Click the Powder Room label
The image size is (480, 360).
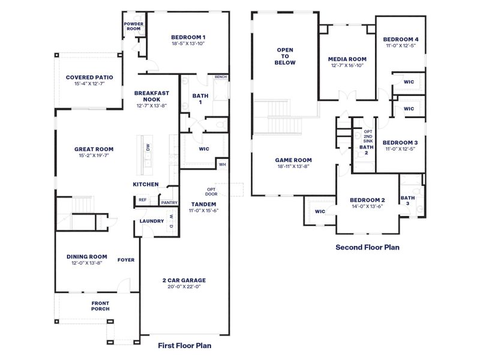[133, 26]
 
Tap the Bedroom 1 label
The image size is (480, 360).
[188, 36]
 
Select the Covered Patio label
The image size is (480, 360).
[89, 77]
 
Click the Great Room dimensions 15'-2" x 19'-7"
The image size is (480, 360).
[94, 155]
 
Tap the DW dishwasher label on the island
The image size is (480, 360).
[148, 146]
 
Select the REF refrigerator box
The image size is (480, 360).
[142, 200]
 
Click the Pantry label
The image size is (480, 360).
[169, 203]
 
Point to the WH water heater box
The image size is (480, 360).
[222, 164]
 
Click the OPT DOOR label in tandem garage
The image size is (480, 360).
[212, 191]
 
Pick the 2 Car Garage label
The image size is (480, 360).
[184, 280]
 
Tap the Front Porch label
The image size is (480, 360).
[100, 306]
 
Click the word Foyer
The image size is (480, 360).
[126, 260]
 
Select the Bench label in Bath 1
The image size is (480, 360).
[220, 77]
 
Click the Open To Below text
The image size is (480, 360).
[285, 56]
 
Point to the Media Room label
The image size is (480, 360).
[347, 59]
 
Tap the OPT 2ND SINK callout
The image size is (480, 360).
[368, 136]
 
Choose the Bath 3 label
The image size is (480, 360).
[408, 201]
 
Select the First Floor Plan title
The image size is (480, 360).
[184, 345]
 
